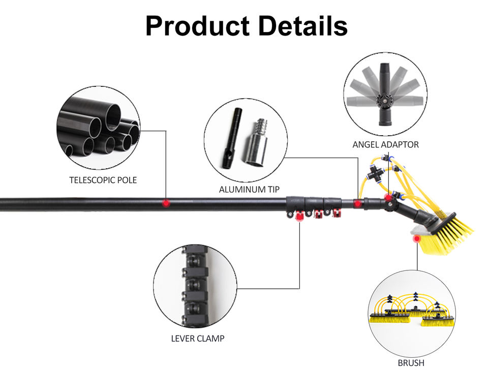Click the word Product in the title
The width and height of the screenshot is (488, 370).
pos(197,26)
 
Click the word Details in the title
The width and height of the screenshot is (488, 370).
pos(303,25)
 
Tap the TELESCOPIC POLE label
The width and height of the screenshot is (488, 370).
pos(103,180)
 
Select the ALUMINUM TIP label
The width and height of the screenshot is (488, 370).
pos(249,190)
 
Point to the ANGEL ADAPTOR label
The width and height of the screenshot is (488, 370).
pos(386,144)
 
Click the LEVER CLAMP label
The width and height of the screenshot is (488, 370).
pos(198,338)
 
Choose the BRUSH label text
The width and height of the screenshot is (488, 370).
pos(411,363)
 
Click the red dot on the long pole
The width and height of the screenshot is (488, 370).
pos(166,203)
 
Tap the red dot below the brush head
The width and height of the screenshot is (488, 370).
pos(417,239)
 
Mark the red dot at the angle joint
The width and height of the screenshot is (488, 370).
pos(388,197)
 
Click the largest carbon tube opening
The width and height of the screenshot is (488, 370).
pos(113,117)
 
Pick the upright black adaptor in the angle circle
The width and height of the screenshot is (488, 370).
pos(385,94)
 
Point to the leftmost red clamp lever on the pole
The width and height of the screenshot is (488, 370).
pos(299,215)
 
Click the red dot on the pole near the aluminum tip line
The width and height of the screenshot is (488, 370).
pos(357,204)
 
